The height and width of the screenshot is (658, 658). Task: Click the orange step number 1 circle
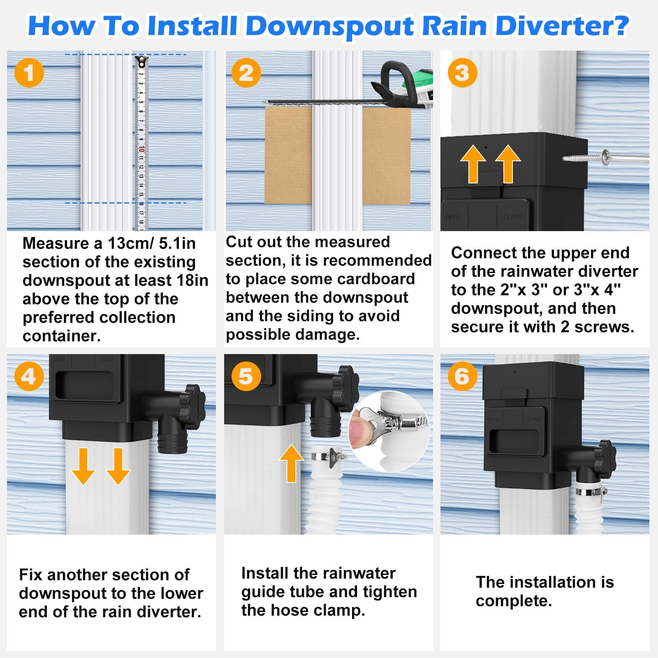coord(29,73)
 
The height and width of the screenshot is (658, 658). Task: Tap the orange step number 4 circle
coord(29,376)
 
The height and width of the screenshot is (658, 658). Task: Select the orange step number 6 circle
coord(462,376)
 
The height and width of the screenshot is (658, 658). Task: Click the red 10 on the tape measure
coord(141,148)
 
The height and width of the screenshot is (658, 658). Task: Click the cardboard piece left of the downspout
coord(288,155)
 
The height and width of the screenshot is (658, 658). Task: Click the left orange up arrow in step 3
coord(473,163)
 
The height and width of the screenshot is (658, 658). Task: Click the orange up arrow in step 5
coord(291,463)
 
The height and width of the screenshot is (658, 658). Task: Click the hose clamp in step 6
coord(591,491)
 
